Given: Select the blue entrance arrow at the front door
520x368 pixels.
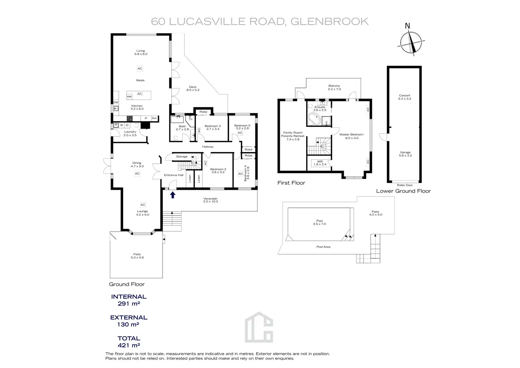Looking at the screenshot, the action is click(x=173, y=195).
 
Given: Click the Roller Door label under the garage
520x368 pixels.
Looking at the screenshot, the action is click(x=404, y=185).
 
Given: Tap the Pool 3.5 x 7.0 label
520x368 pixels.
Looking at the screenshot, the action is click(x=319, y=222).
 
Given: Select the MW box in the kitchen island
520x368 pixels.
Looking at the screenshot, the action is click(x=129, y=96).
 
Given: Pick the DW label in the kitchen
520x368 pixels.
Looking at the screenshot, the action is click(x=116, y=103).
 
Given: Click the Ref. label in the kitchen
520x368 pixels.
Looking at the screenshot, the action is click(x=154, y=118).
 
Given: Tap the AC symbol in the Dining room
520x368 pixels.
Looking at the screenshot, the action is click(x=137, y=174).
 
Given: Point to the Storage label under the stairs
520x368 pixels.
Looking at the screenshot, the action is click(x=182, y=157).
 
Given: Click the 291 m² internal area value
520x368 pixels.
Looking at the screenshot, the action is click(x=129, y=303).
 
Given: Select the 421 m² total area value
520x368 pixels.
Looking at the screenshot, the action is click(x=129, y=345).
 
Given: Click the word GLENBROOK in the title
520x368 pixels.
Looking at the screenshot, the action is click(x=329, y=22).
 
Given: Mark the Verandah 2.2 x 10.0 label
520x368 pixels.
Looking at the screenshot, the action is click(x=211, y=200).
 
